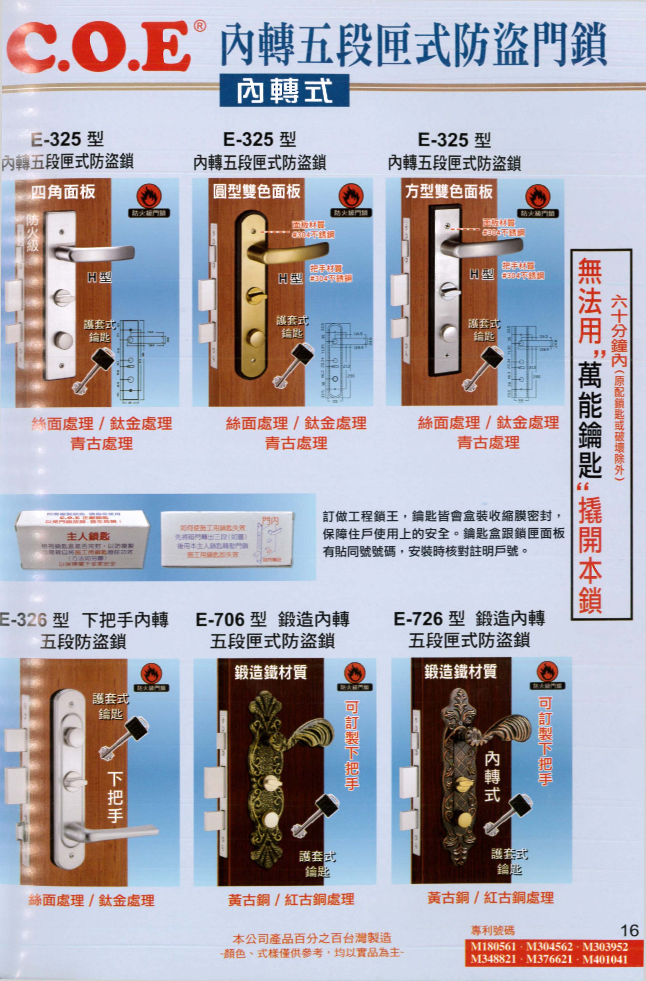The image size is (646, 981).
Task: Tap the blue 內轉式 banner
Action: pyautogui.click(x=284, y=90)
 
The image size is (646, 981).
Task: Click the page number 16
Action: pyautogui.click(x=629, y=930)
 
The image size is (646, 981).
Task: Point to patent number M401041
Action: pyautogui.click(x=605, y=959)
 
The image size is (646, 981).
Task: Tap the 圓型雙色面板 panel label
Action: pyautogui.click(x=256, y=191)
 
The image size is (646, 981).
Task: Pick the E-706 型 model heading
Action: pyautogui.click(x=231, y=620)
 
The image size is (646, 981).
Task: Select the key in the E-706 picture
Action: pyautogui.click(x=316, y=816)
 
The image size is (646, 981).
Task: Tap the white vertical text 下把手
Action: pyautogui.click(x=115, y=797)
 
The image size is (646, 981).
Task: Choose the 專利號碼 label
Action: pyautogui.click(x=493, y=930)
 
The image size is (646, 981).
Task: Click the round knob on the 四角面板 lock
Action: pyautogui.click(x=64, y=340)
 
